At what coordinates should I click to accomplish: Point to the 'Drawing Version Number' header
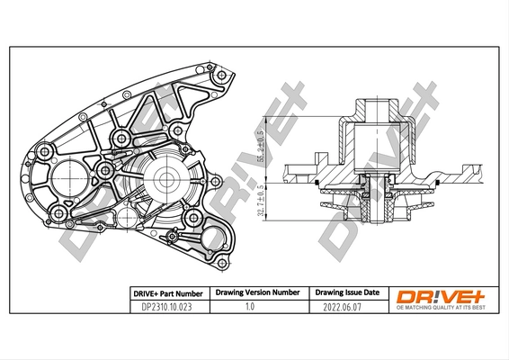pos(256,293)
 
